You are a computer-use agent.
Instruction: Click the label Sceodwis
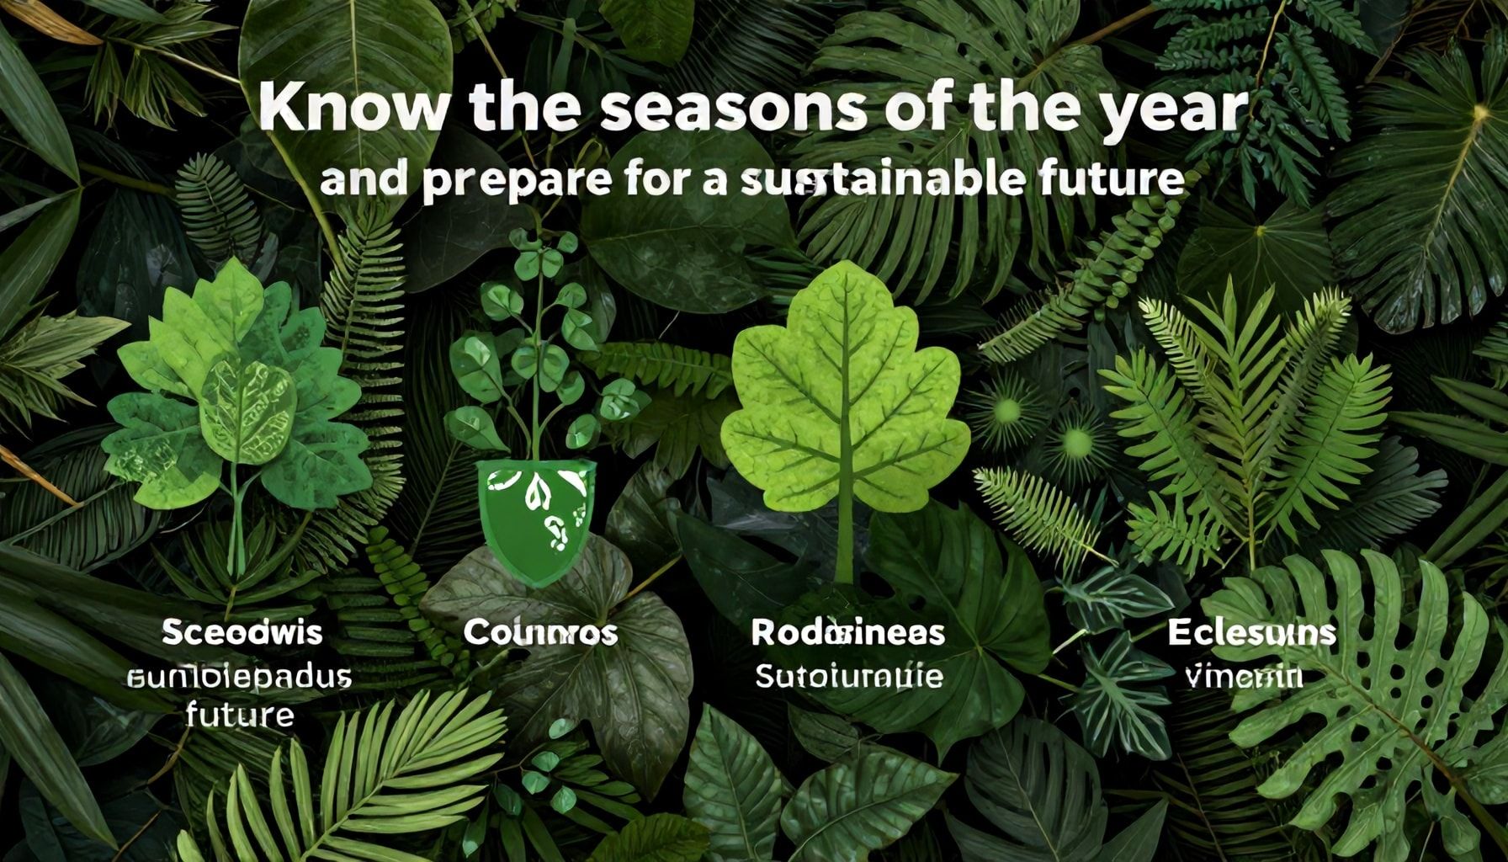pos(242,632)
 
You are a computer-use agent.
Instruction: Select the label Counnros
pos(540,633)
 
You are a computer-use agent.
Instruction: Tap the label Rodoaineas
pos(847,632)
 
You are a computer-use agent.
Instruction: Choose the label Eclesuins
pos(1251,632)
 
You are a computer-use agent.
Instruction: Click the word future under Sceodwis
pos(240,716)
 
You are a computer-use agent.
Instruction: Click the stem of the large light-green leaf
pos(845,539)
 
